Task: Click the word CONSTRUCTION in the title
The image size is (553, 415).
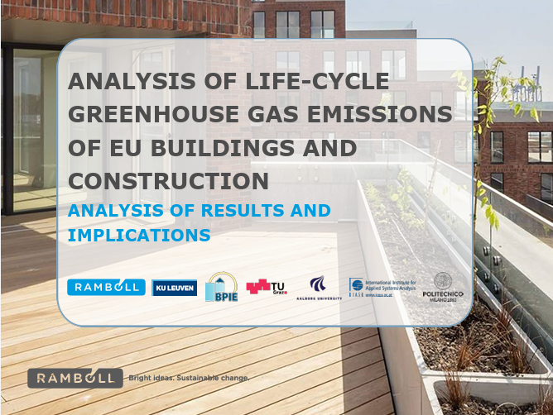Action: coord(168,179)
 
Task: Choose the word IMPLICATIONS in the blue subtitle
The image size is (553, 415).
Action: coord(138,234)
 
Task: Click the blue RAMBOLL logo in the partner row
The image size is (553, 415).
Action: coord(106,287)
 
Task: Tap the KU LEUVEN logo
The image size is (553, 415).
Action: coord(175,288)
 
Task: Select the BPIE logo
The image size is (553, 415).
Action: coord(221,287)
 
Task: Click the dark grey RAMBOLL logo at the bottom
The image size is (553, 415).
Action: coord(75,378)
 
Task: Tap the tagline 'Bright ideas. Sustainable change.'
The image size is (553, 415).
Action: coord(187,378)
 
